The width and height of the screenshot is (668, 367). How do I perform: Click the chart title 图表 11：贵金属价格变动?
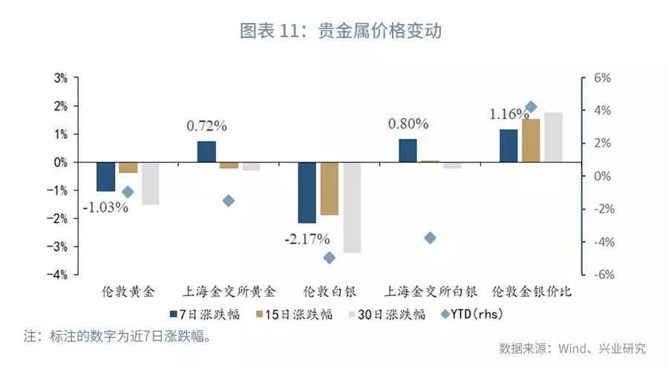tap(335, 31)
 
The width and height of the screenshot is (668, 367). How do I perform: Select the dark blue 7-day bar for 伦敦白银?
tap(307, 192)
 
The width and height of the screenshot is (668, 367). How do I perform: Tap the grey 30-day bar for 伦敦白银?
tap(352, 207)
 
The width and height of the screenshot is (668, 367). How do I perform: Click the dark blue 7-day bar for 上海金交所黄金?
tap(206, 152)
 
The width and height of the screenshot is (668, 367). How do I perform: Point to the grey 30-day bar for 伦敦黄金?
tap(151, 183)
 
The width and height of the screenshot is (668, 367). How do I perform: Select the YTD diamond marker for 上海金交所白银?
tap(430, 238)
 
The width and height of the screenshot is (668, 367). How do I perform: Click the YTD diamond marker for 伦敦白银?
tap(330, 258)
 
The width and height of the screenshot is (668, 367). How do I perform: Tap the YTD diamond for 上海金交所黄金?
tap(229, 201)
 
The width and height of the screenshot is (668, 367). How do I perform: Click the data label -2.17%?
tap(306, 239)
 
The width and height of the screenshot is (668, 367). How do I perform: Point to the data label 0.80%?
tap(408, 123)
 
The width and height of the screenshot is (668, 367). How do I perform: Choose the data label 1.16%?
tap(508, 115)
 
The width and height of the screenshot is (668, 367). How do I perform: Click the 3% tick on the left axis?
tap(60, 78)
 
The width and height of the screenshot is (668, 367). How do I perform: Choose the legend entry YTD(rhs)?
tap(472, 314)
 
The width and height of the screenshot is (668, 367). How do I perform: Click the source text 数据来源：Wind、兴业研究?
tap(572, 348)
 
